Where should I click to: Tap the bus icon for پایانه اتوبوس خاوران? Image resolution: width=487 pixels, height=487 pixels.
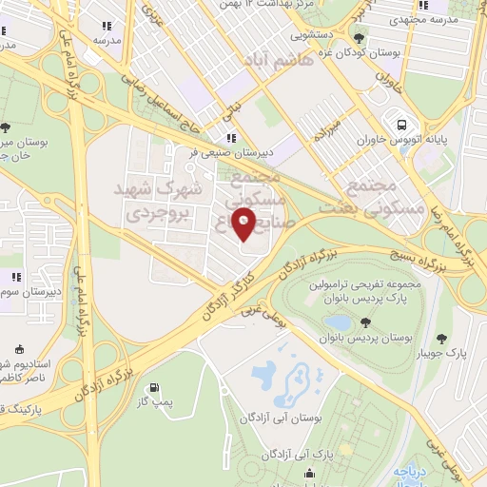pos(402,124)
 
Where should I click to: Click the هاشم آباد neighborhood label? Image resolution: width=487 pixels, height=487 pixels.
pos(281,59)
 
